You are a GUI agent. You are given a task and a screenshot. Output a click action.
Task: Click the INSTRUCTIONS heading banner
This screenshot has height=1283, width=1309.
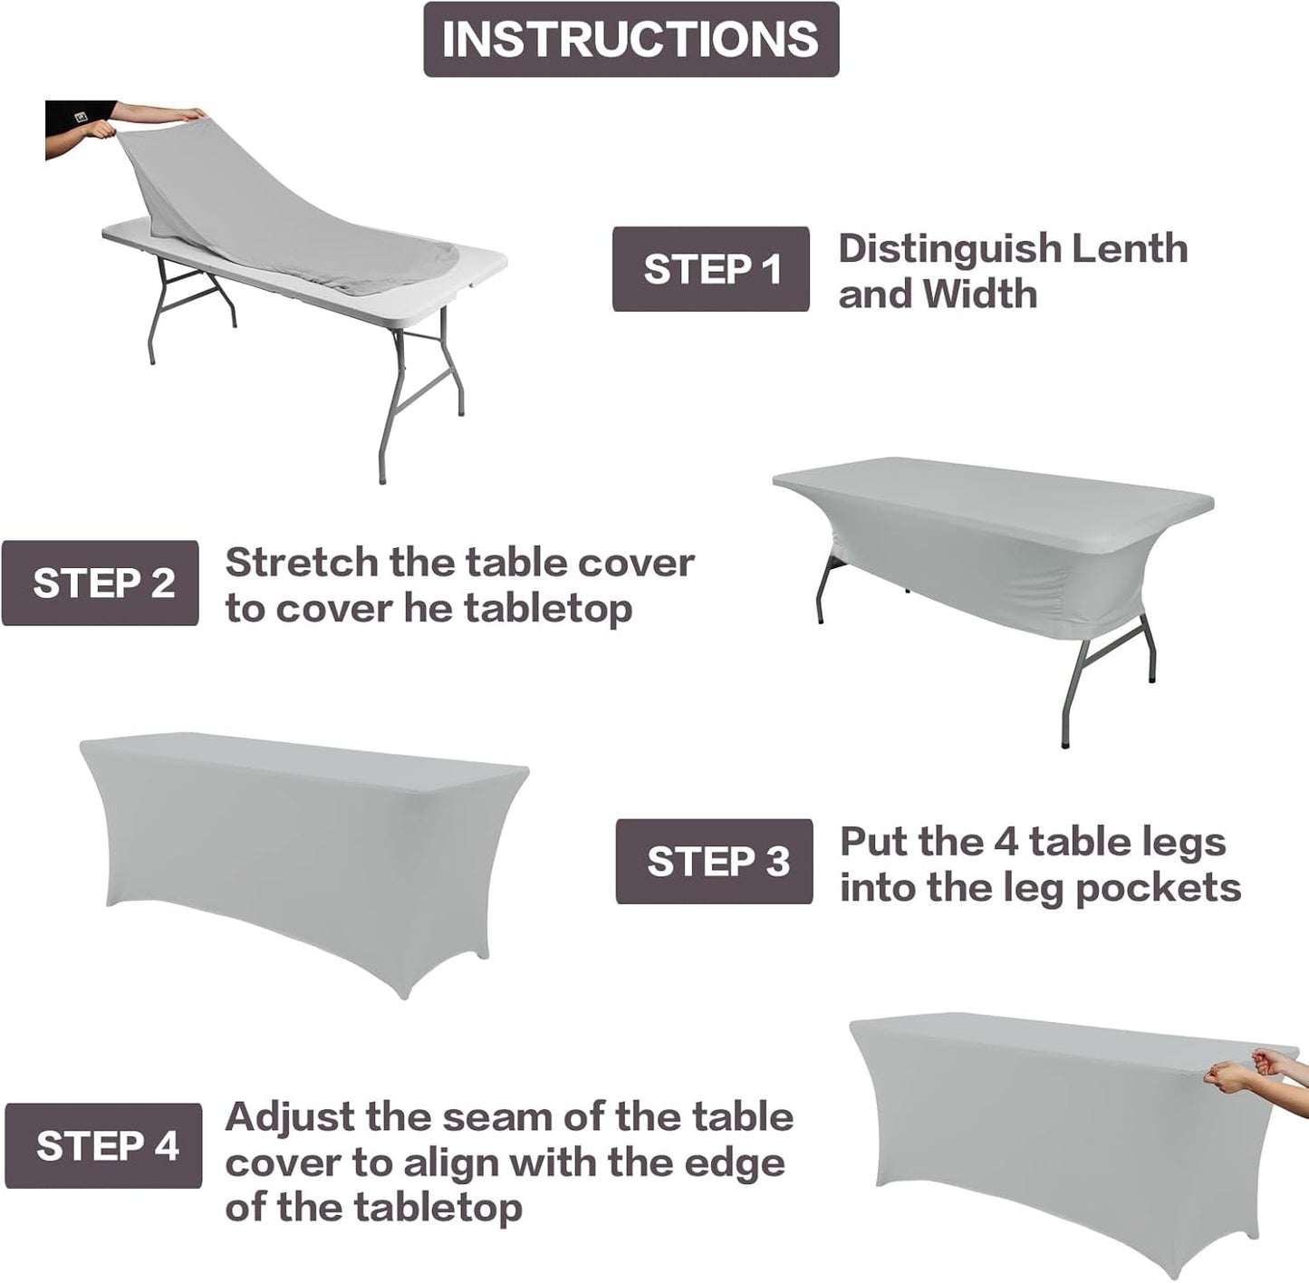[631, 39]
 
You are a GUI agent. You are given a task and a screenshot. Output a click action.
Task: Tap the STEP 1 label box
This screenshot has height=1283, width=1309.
[711, 269]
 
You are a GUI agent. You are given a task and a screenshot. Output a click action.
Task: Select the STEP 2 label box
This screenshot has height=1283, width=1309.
[101, 583]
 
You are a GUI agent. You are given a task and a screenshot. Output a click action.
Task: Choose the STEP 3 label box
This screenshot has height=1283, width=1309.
[715, 861]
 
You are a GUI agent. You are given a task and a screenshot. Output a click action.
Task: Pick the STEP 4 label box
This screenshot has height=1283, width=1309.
[104, 1145]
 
